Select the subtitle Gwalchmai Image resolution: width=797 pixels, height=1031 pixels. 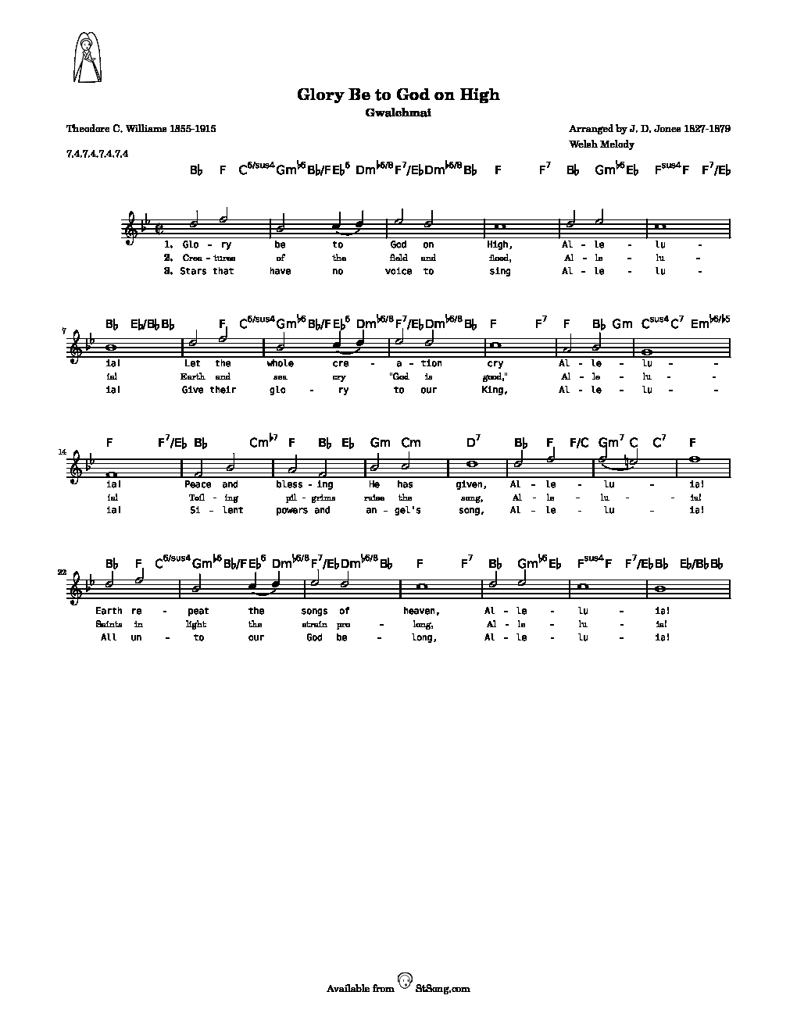tap(398, 112)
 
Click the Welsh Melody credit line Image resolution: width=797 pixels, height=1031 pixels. tap(602, 144)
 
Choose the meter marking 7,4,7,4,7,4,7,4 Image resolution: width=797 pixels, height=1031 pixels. tap(98, 153)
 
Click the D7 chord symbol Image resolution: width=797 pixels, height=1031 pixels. tap(474, 443)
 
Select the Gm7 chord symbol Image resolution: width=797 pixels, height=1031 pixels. tap(609, 443)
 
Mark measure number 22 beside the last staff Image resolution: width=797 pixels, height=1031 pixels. tap(63, 573)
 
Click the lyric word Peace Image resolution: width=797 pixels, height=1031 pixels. tap(198, 484)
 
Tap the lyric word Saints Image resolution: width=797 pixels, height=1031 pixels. tap(109, 624)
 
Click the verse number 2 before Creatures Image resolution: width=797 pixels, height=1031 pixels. tap(168, 258)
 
